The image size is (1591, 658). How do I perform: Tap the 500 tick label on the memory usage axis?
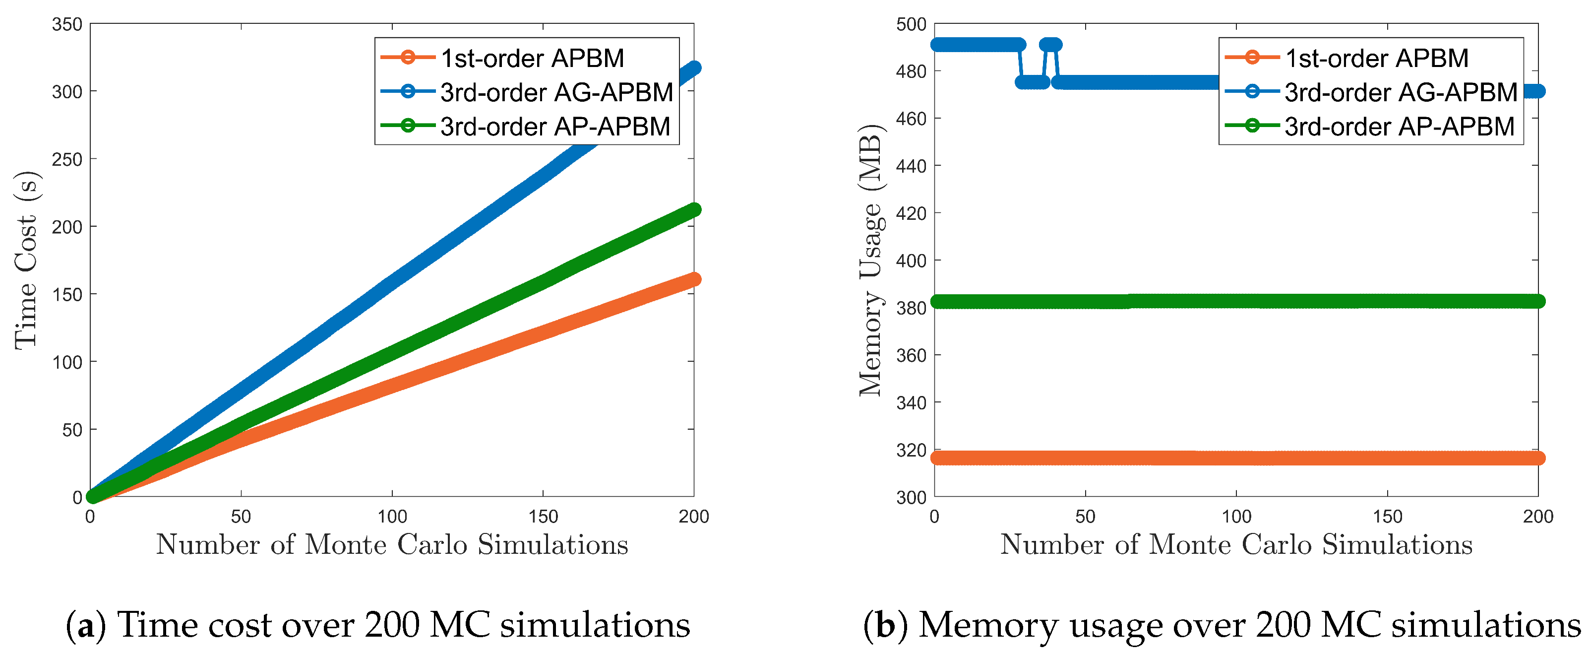tap(911, 25)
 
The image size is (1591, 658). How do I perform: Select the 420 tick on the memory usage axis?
tap(911, 214)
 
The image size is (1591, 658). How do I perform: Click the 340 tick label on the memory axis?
tap(911, 403)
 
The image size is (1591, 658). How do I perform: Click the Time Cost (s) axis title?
tap(26, 260)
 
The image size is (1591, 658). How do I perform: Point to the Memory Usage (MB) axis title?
tap(871, 260)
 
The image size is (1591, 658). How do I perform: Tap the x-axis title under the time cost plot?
tap(392, 545)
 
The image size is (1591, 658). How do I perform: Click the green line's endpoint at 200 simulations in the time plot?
tap(694, 210)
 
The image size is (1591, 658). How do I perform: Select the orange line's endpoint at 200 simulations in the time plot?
tap(694, 279)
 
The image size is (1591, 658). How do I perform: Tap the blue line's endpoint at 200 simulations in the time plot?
tap(694, 68)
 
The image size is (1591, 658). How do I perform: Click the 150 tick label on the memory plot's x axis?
tap(1387, 517)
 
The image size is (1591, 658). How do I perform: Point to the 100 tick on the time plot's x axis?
tap(392, 517)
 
